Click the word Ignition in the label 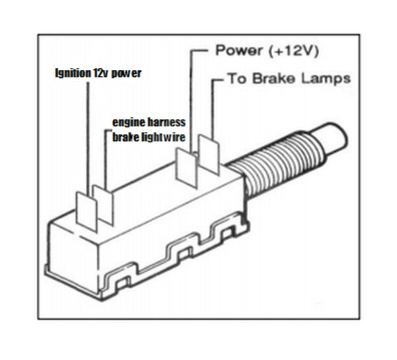click(x=69, y=73)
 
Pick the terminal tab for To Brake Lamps click(x=208, y=156)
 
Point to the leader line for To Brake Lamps click(x=213, y=106)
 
